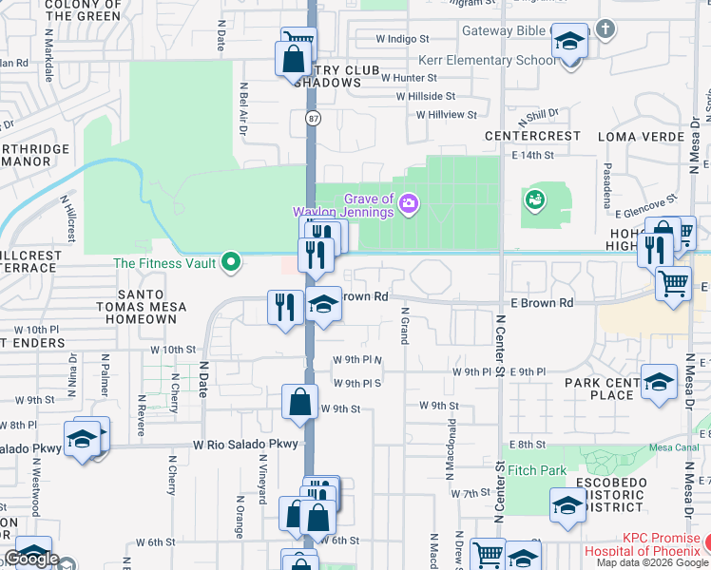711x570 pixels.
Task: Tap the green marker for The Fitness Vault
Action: pyautogui.click(x=230, y=262)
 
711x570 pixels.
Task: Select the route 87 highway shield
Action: pyautogui.click(x=312, y=119)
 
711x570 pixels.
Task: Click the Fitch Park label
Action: pyautogui.click(x=537, y=470)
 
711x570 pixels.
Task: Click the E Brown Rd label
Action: pyautogui.click(x=542, y=302)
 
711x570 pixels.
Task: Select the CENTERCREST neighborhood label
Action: pyautogui.click(x=532, y=136)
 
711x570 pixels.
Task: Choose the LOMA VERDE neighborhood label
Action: pyautogui.click(x=642, y=136)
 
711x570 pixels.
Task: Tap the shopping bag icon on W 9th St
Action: pyautogui.click(x=299, y=401)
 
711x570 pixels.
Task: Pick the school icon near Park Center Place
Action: pyautogui.click(x=659, y=381)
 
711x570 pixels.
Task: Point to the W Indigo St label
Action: pyautogui.click(x=403, y=39)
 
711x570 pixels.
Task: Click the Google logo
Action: pyautogui.click(x=31, y=560)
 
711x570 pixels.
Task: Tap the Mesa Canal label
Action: pyautogui.click(x=673, y=447)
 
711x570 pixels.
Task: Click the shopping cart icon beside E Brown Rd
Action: pyautogui.click(x=673, y=282)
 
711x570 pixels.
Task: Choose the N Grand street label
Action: pyautogui.click(x=405, y=325)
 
